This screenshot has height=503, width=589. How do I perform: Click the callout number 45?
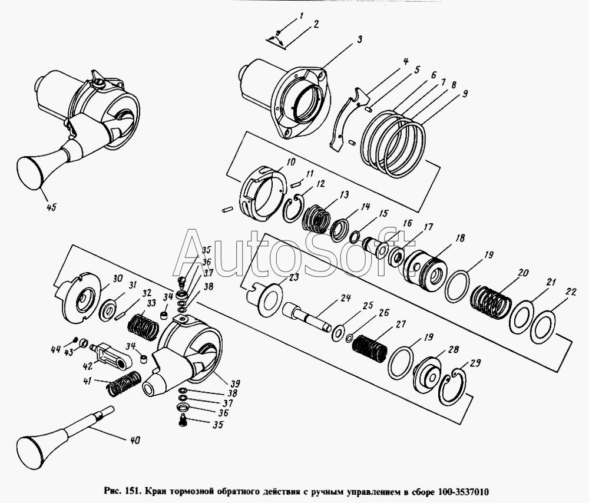click(51, 207)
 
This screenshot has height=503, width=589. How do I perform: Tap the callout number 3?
click(359, 39)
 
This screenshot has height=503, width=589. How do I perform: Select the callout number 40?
click(135, 440)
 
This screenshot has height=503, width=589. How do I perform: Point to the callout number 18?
click(460, 238)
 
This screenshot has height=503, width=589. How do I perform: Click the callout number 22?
click(571, 292)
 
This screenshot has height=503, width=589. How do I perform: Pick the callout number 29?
click(475, 363)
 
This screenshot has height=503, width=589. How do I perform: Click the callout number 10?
click(291, 162)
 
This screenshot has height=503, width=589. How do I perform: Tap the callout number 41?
click(87, 380)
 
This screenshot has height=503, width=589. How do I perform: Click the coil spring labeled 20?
click(491, 302)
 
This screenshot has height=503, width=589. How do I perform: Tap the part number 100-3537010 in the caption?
click(464, 492)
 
